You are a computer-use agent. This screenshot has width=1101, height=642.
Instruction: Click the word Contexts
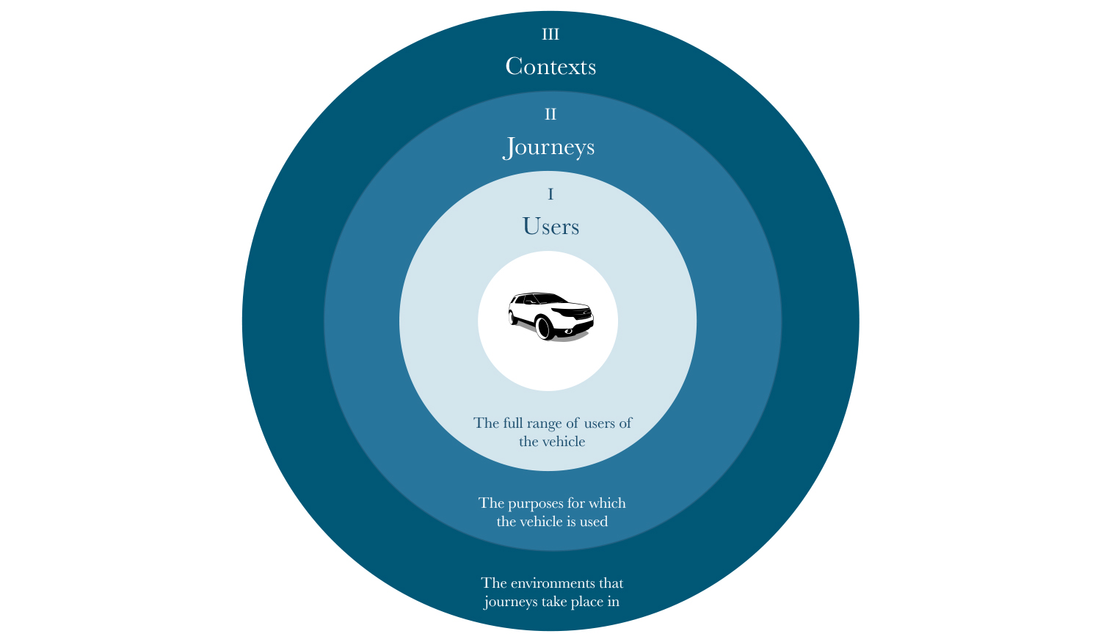[550, 66]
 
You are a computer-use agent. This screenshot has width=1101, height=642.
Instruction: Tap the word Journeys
[548, 147]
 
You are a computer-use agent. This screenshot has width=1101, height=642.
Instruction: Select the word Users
[550, 227]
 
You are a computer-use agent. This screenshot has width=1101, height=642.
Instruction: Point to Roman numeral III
[550, 34]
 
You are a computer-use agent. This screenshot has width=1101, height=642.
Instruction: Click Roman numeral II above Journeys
[550, 114]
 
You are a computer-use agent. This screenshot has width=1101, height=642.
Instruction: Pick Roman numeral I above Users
[550, 194]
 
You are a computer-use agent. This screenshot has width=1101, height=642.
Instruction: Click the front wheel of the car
[545, 327]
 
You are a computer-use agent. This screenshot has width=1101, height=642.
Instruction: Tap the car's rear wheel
[513, 318]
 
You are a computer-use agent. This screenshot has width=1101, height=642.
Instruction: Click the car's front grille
[583, 314]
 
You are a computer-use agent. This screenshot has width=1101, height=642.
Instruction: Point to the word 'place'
[587, 602]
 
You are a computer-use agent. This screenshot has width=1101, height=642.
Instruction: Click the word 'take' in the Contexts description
[553, 601]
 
